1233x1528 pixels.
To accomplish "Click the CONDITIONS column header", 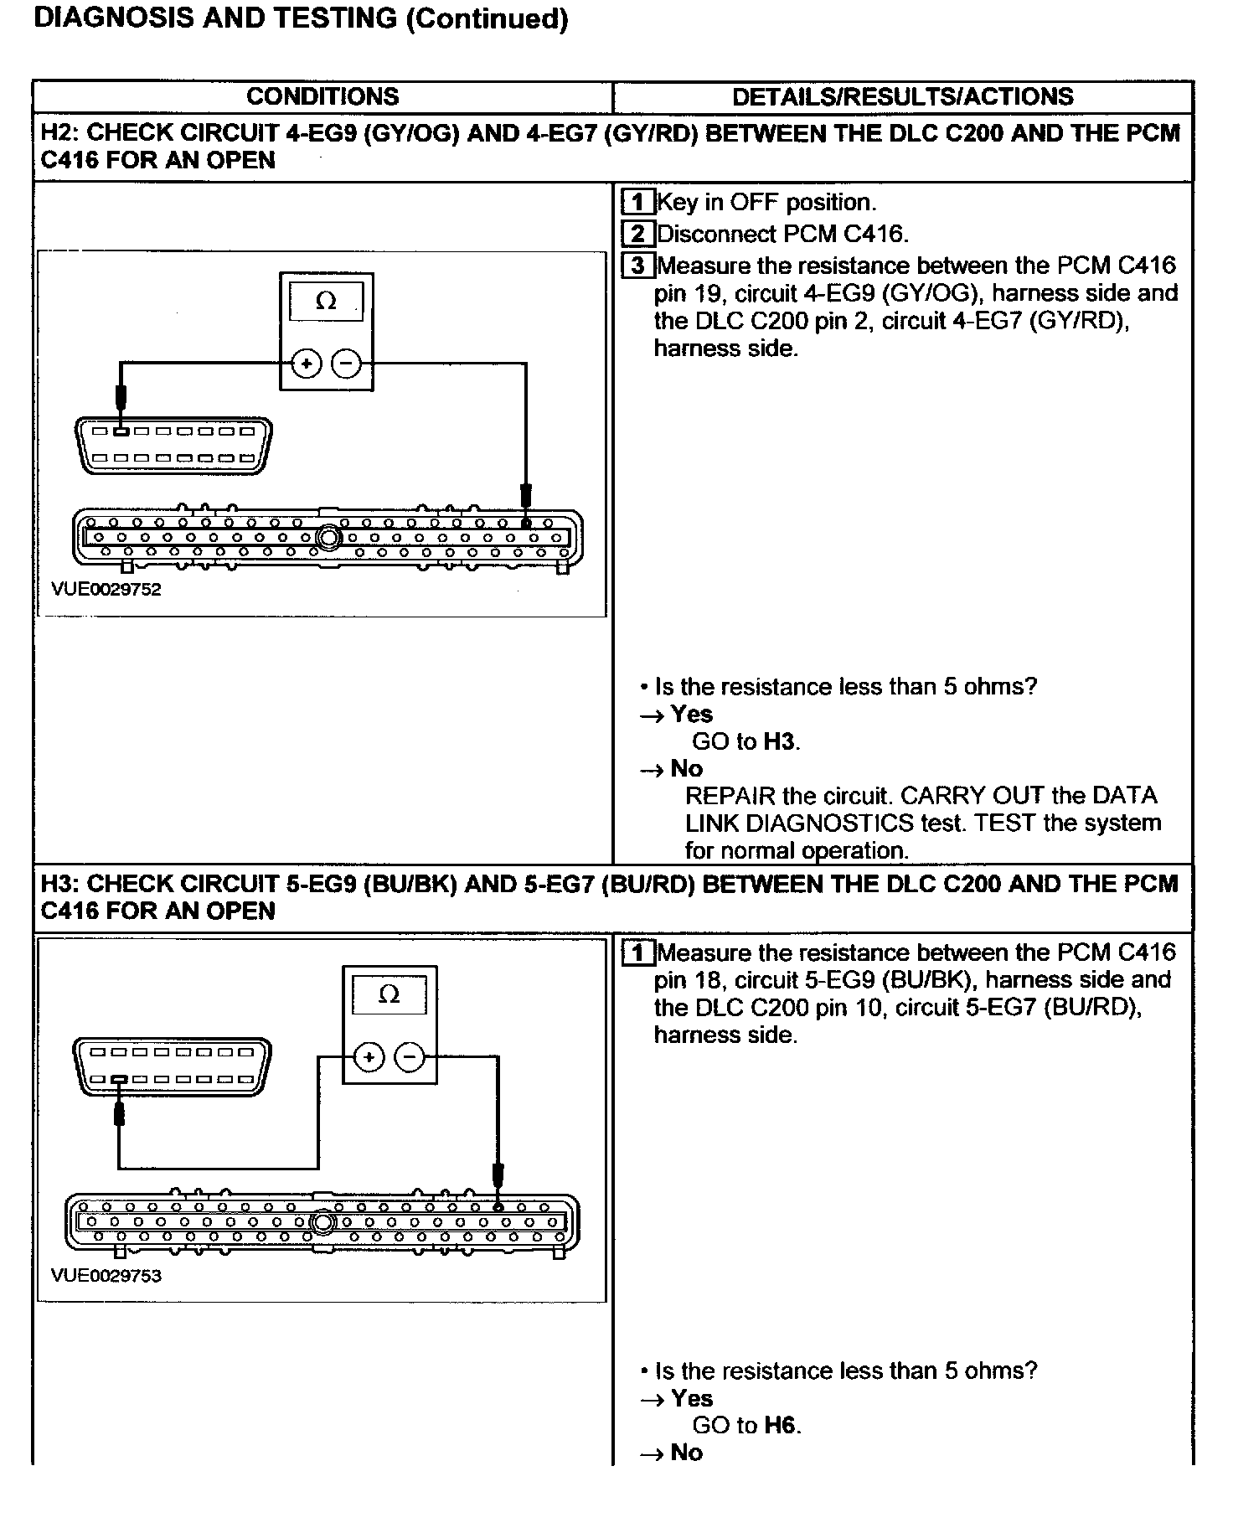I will click(x=322, y=96).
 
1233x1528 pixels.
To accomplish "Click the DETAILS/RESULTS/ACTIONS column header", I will click(x=902, y=96).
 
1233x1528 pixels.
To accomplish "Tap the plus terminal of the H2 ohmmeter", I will click(x=307, y=364).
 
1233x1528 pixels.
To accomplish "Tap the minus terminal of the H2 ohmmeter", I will click(x=346, y=364).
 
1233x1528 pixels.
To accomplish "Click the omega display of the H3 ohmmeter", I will click(x=390, y=994).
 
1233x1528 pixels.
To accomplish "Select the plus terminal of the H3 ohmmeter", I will click(x=369, y=1057).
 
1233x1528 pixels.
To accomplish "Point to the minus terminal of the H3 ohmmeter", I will click(x=410, y=1057).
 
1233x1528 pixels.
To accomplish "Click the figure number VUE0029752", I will click(x=106, y=589).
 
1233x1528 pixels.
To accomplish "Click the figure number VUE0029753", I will click(x=106, y=1276).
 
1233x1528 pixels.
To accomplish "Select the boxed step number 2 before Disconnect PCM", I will click(x=637, y=234).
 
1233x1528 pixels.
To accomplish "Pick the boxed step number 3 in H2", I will click(x=637, y=266).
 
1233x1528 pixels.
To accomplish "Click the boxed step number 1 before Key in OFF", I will click(x=637, y=202).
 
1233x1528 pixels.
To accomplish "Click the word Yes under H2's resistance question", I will click(x=691, y=714).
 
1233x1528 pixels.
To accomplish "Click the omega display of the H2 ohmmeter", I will click(x=326, y=302).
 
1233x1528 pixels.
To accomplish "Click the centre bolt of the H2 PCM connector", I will click(x=328, y=537).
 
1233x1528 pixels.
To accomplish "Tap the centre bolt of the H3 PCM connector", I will click(x=322, y=1222).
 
